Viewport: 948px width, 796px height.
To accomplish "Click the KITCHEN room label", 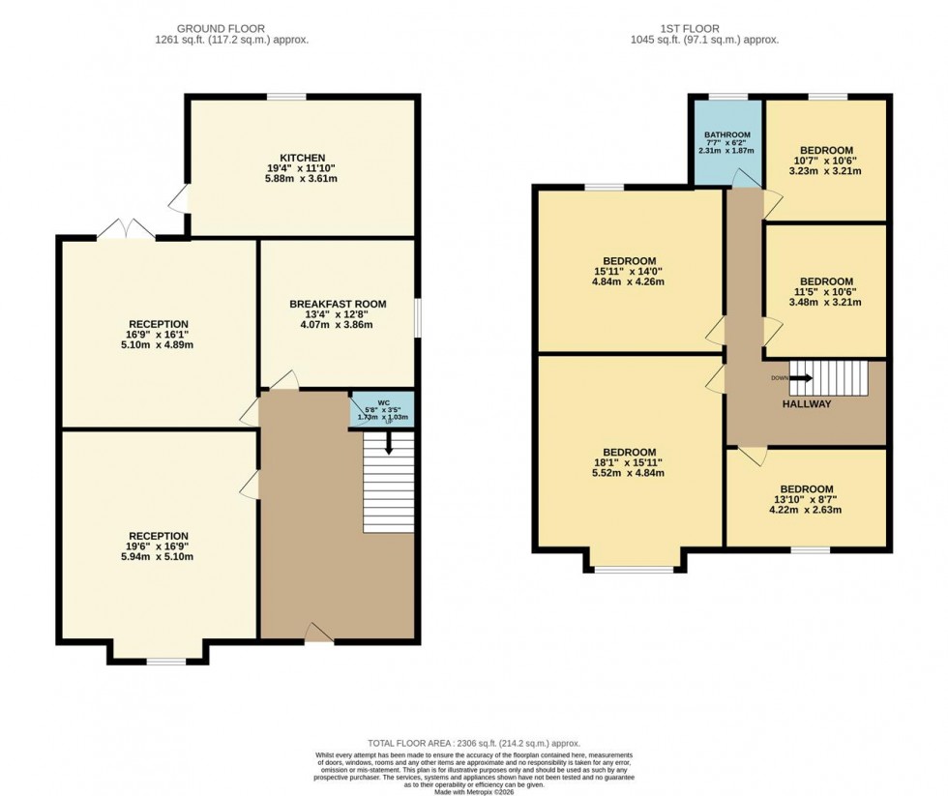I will point(302,158).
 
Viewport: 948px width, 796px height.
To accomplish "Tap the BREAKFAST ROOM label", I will point(338,304).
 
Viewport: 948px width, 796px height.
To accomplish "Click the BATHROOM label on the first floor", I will point(726,134).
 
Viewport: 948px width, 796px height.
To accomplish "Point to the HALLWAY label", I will point(806,404).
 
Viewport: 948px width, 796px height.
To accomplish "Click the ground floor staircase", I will point(388,484).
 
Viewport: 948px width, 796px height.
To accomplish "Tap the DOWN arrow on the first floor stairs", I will point(782,378).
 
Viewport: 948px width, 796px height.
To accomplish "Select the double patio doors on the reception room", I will point(126,230).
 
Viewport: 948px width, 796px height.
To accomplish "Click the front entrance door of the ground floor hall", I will point(318,634).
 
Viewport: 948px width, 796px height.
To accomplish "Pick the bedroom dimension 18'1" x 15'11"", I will point(630,462).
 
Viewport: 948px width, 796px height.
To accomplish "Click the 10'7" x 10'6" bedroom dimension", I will point(825,161).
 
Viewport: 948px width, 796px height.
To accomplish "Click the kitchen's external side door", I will point(179,200).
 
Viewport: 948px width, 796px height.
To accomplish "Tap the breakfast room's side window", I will point(418,315).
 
